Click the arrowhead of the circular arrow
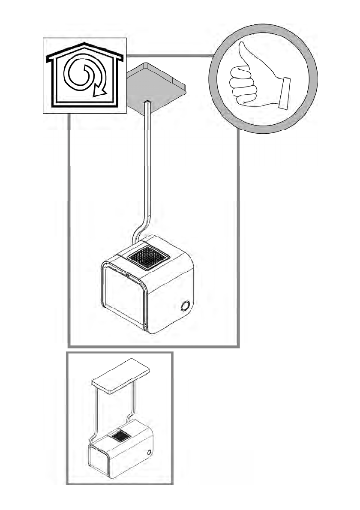(x=100, y=90)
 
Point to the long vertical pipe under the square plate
(x=148, y=163)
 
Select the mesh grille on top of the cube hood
(x=147, y=257)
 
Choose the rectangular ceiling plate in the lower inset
(x=121, y=375)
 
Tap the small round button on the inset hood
(x=148, y=452)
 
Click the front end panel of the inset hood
(x=99, y=461)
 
